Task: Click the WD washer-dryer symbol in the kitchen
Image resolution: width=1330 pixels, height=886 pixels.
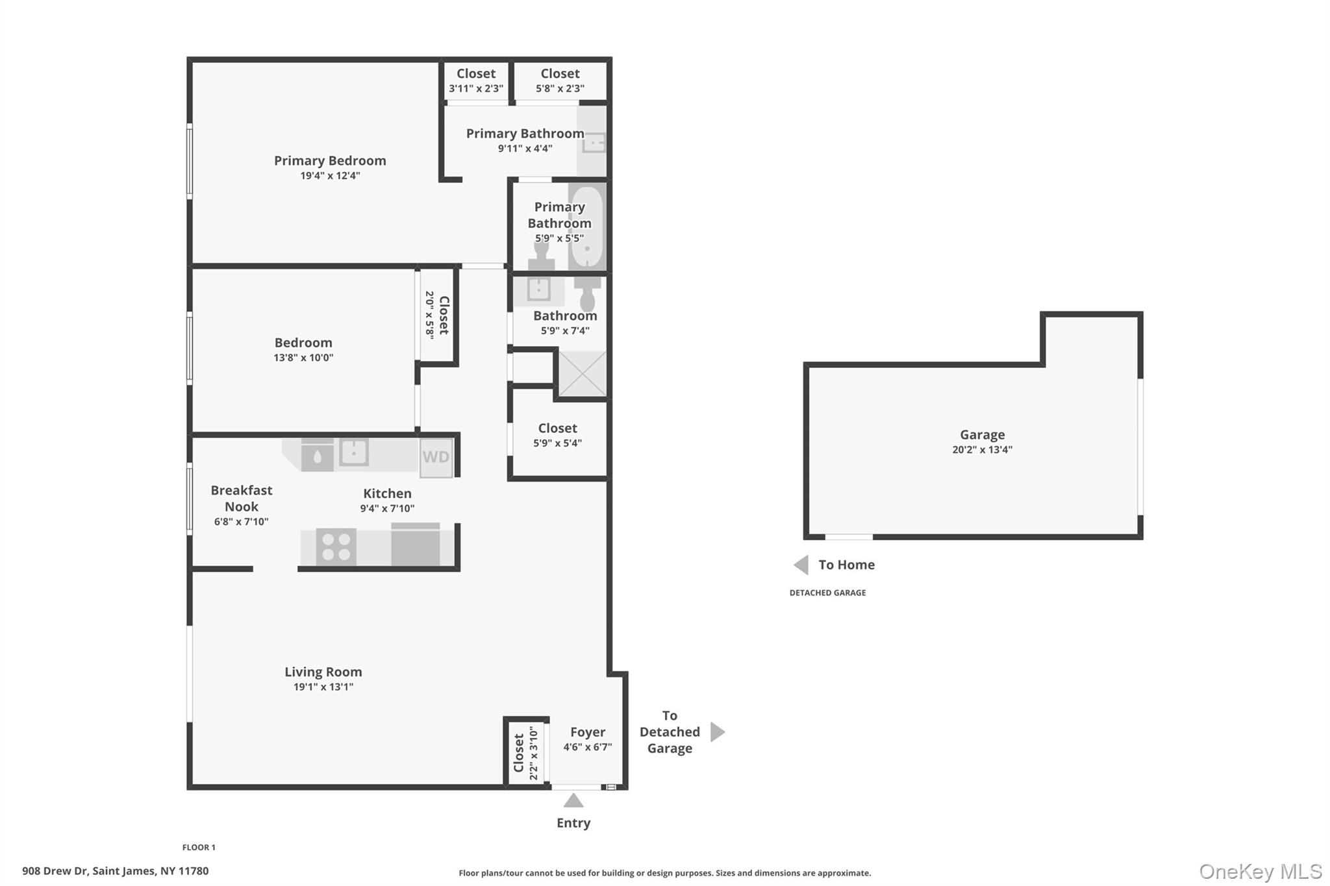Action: coord(436,457)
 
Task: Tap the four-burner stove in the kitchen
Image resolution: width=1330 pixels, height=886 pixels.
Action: coord(336,547)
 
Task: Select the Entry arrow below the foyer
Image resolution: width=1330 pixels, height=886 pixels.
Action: coord(573,801)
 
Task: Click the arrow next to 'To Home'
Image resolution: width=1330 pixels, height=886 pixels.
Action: coord(801,565)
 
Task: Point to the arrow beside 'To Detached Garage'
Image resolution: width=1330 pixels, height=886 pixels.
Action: coord(717,732)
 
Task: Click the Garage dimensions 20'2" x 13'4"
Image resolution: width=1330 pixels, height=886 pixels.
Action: coord(982,450)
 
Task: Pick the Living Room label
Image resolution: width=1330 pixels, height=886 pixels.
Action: coord(323,672)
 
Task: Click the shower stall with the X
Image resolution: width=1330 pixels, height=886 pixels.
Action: coord(582,374)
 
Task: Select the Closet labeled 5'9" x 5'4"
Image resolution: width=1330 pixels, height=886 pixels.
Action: coord(557,435)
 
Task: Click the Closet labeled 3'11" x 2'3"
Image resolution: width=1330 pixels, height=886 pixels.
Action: coord(476,80)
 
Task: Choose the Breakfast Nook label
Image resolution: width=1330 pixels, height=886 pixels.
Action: coord(241,498)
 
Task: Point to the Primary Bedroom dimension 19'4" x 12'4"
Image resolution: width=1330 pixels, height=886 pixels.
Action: coord(330,176)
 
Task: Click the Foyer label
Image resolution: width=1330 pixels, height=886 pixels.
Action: coord(588,732)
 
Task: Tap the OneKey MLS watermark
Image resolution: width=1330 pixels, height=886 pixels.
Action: coord(1261,871)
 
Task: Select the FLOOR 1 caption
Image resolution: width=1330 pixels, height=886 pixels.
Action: coord(199,847)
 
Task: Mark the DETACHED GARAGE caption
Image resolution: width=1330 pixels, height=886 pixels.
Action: coord(827,593)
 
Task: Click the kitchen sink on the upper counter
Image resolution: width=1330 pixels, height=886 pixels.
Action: coord(355,452)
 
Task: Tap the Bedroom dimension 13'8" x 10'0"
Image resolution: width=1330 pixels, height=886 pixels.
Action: coord(303,358)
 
